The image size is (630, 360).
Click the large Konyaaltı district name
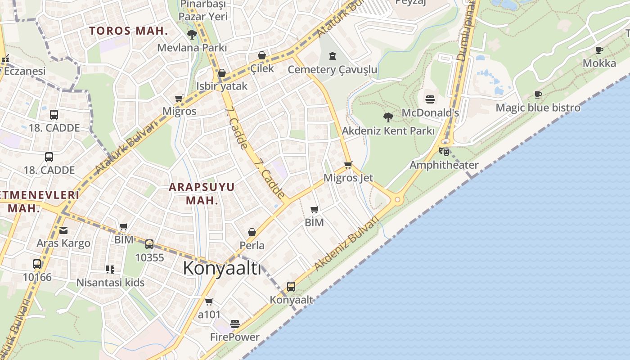click(222, 268)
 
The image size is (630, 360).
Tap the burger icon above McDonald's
click(430, 99)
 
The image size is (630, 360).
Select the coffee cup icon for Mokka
click(599, 50)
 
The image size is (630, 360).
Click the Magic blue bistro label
click(538, 108)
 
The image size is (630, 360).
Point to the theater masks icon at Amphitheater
click(444, 151)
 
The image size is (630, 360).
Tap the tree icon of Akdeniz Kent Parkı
click(388, 117)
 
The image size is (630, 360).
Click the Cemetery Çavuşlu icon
click(332, 56)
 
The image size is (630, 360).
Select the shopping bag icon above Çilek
click(262, 55)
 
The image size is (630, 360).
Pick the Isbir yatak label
click(222, 86)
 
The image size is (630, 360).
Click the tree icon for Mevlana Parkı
click(192, 34)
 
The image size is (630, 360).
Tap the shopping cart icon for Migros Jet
click(348, 165)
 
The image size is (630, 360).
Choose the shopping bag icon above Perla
click(252, 232)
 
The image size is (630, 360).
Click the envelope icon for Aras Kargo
click(63, 230)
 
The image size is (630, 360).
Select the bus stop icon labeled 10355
click(149, 244)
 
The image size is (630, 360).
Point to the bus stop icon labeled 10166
click(37, 264)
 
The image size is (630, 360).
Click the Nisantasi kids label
click(110, 283)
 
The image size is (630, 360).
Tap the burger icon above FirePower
click(234, 324)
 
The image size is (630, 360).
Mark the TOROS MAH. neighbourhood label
click(128, 31)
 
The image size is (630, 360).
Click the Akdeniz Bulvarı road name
click(346, 244)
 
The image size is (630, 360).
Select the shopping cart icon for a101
click(209, 301)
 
